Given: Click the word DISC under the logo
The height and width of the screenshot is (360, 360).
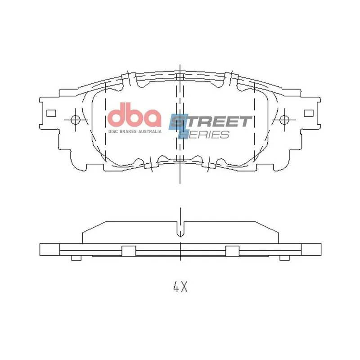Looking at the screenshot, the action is (x=113, y=131).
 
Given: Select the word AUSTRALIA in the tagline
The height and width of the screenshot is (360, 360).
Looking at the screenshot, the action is (x=150, y=131).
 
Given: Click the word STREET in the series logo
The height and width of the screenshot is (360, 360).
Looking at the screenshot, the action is (x=211, y=121).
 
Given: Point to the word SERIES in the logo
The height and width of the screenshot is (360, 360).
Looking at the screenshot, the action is (x=204, y=135).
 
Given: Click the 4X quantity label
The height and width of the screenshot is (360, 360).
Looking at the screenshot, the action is (x=180, y=287).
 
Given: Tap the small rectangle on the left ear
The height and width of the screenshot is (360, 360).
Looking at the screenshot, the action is (x=51, y=113).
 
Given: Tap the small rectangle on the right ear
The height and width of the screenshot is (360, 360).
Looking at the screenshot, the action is (x=309, y=113).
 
